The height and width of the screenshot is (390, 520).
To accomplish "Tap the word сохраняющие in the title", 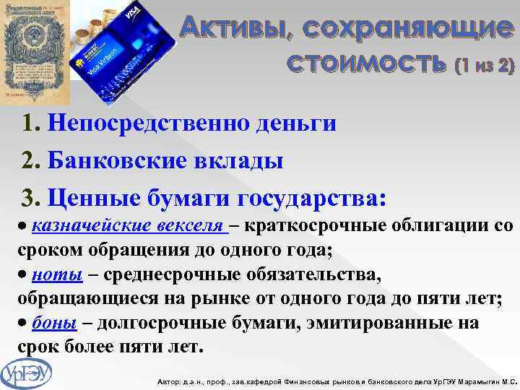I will (x=404, y=28).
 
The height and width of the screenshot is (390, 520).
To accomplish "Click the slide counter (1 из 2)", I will (x=485, y=66).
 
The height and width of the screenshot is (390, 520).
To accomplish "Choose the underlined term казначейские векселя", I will (x=130, y=226).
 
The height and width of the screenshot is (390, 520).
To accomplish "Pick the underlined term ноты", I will (x=51, y=275).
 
